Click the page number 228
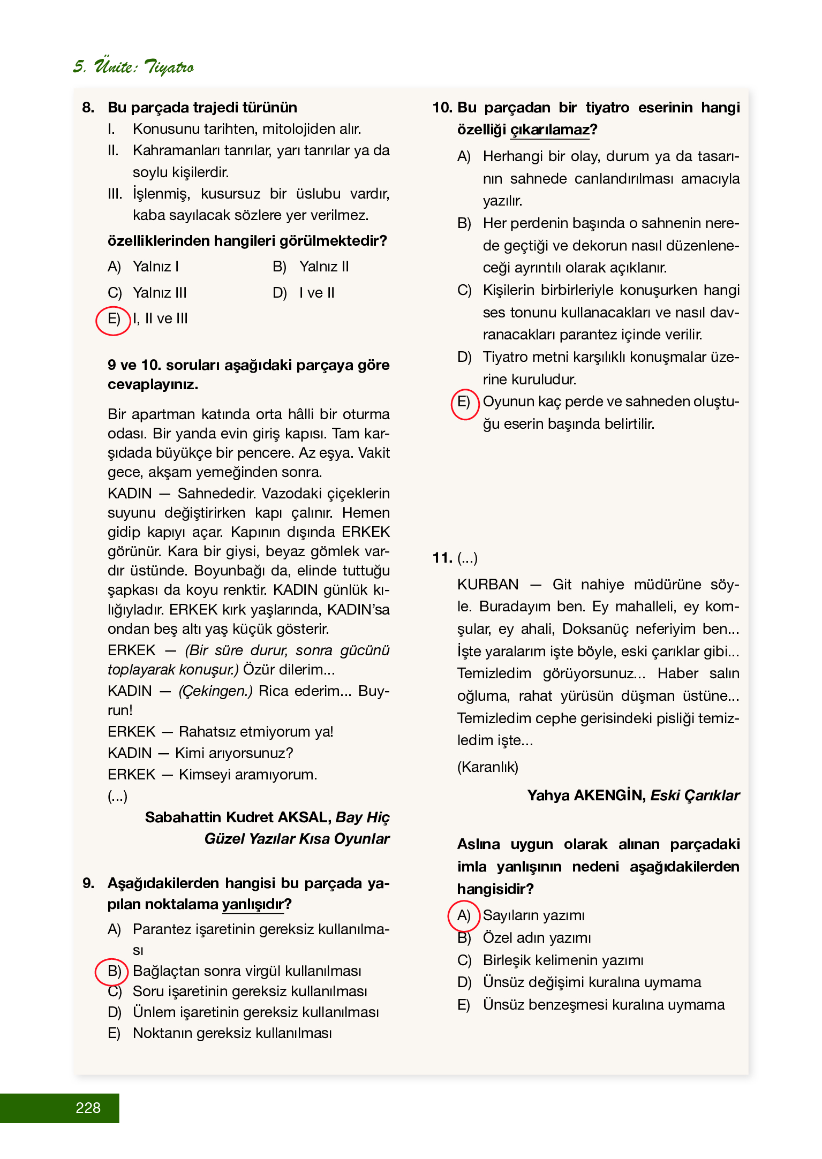88,1108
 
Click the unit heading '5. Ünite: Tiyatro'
133,67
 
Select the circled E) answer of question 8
113,320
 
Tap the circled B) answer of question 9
112,971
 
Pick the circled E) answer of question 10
464,403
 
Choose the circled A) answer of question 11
463,915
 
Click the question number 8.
88,108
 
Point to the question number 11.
442,558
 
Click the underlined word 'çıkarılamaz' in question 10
549,130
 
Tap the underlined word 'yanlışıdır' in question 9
253,904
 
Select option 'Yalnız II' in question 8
324,267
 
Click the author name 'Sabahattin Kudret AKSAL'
238,817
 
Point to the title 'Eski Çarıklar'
695,796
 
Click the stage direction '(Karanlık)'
488,767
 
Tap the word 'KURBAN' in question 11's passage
488,584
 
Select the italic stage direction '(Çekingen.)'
215,691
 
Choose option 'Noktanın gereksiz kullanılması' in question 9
232,1033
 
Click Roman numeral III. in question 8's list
115,194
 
